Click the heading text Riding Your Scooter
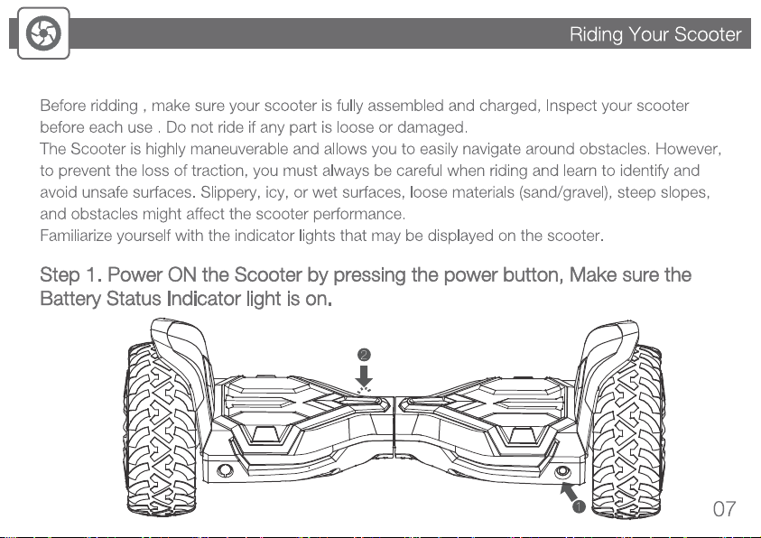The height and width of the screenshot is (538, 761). (x=654, y=35)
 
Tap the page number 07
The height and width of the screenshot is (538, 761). (x=724, y=509)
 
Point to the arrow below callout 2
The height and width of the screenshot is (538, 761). (x=363, y=376)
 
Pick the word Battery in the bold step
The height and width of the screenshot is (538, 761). (x=69, y=299)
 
